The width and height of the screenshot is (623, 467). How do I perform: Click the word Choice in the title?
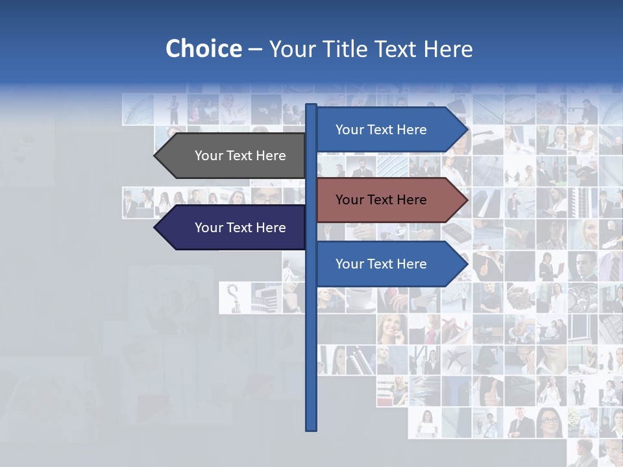(203, 49)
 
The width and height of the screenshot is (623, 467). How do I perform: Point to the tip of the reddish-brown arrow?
(466, 200)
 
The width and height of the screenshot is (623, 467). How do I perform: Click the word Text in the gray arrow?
(241, 156)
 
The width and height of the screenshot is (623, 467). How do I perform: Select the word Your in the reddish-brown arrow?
(349, 200)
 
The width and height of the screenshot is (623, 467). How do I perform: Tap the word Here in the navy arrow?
(271, 228)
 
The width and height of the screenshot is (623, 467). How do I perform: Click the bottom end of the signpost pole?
(311, 428)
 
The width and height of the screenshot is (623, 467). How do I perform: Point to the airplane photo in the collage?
(456, 359)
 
